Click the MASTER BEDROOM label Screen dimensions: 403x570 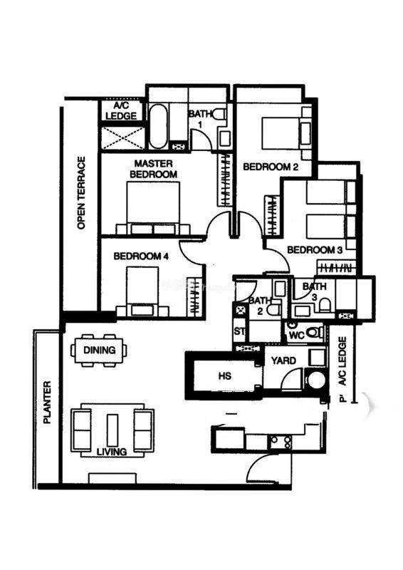coord(153,169)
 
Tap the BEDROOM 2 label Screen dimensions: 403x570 coord(271,167)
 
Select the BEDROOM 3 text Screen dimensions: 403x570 coord(315,250)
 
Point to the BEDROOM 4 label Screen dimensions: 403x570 coord(141,256)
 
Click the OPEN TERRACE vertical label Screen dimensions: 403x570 coord(82,192)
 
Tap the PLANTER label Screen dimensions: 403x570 coord(47,402)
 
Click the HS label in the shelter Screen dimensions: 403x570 coord(224,375)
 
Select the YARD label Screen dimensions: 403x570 coord(284,361)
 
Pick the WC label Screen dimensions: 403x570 coord(296,335)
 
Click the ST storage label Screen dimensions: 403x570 coord(239,331)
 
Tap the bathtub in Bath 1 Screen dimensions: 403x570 coord(159,126)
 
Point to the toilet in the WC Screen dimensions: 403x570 coord(314,332)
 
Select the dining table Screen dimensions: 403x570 coord(99,351)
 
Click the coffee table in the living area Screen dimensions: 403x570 coord(112,430)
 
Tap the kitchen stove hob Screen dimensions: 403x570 coord(280,442)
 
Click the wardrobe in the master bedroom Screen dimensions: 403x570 coord(226,180)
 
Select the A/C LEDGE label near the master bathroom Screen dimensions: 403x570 coord(121,111)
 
